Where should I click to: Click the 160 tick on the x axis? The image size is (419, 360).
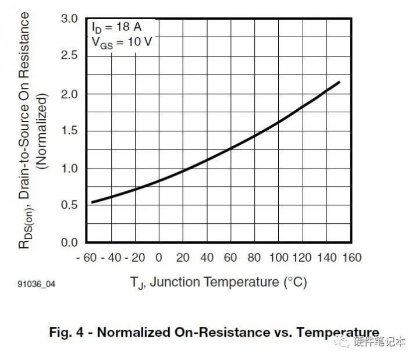tap(351, 258)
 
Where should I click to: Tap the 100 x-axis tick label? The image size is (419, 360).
tap(279, 258)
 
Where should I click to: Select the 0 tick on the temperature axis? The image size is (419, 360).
tap(159, 258)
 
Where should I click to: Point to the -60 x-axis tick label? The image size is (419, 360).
tap(86, 258)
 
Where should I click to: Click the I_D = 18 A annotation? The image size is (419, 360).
tap(115, 27)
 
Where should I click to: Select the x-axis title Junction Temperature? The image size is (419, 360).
tap(218, 283)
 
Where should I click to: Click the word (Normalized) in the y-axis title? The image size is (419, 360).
tap(41, 137)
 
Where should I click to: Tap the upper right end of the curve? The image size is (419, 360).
tap(339, 82)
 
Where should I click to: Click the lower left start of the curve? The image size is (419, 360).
tap(92, 202)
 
